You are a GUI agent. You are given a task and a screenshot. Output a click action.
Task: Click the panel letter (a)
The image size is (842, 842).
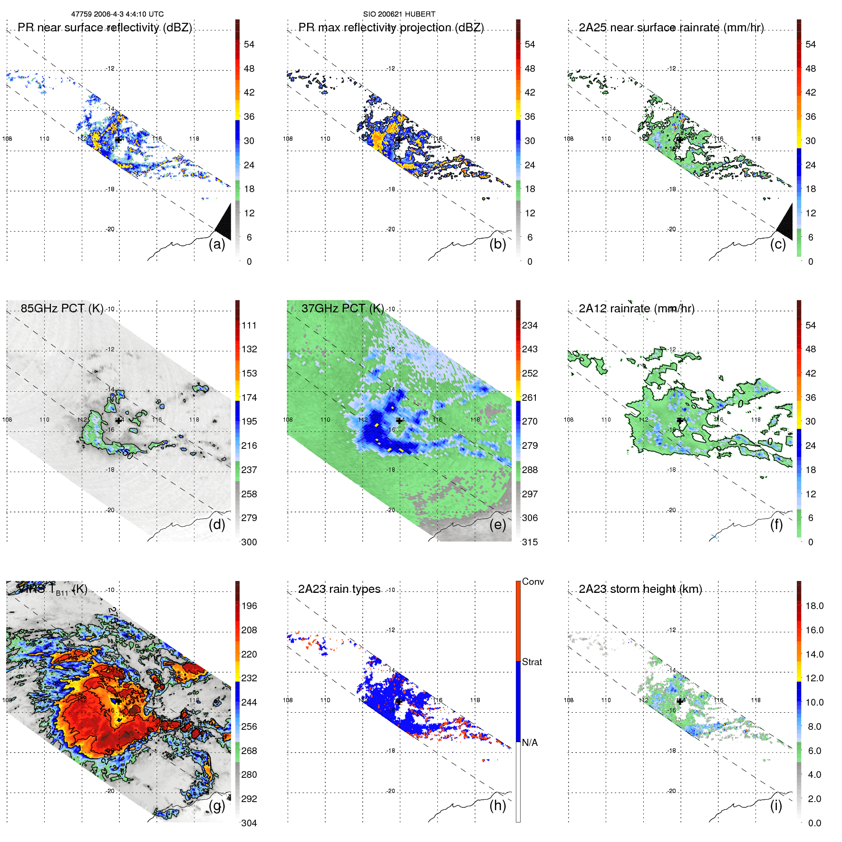point(217,244)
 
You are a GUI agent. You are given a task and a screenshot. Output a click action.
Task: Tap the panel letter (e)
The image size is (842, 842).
point(497,524)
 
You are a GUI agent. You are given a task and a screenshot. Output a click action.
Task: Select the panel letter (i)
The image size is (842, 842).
point(776,805)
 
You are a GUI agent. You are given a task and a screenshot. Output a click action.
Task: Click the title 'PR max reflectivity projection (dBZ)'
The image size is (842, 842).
point(391,28)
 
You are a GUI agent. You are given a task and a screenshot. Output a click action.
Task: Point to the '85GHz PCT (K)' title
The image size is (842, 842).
point(62,308)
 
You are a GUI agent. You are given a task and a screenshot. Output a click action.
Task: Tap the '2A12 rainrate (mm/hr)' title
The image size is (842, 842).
point(637,309)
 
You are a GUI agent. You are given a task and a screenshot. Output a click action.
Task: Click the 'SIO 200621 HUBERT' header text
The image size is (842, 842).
point(399,14)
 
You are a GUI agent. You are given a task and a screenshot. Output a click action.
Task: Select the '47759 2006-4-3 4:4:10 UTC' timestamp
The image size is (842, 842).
point(117,14)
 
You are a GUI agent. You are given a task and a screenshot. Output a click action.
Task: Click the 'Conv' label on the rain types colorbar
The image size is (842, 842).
point(533,581)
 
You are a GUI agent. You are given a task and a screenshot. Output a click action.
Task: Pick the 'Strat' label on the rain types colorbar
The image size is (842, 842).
point(532,662)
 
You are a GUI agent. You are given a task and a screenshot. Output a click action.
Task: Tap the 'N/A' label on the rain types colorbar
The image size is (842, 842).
point(530,743)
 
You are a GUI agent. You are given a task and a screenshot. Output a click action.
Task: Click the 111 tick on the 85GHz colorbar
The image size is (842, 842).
point(249,325)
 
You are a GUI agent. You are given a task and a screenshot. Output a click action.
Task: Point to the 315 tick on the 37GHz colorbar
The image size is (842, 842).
point(530,542)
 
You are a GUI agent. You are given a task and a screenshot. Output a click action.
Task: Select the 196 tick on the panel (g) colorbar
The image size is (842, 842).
point(249,606)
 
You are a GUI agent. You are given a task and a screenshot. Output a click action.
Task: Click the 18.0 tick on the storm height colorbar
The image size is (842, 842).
point(814,606)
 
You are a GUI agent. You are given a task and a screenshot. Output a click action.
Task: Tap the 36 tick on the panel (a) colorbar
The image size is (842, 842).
point(249,116)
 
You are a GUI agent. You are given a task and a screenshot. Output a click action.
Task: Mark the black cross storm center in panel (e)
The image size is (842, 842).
point(399,420)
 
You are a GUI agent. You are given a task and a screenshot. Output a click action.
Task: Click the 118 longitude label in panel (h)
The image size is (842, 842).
point(475,700)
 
